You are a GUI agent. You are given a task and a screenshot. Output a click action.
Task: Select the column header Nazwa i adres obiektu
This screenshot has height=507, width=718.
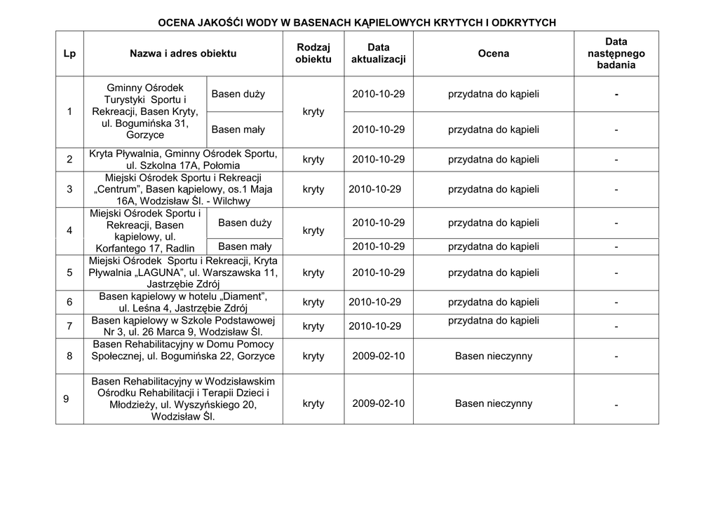(183, 53)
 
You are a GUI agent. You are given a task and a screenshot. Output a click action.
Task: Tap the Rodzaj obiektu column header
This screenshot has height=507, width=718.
(313, 53)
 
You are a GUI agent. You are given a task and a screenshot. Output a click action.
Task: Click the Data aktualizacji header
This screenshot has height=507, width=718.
(378, 53)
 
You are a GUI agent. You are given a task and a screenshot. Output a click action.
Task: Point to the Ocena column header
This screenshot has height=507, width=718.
(494, 53)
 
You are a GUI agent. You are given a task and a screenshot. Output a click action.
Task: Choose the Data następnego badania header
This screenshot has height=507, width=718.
(616, 53)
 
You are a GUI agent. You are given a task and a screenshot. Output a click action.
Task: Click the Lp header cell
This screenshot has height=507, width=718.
(69, 53)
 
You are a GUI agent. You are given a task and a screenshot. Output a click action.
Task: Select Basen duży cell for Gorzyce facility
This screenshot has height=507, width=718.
(238, 94)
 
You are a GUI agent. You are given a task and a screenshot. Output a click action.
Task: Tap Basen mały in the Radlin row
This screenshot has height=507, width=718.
(245, 246)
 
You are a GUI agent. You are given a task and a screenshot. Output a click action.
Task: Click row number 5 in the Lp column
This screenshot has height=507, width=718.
(69, 272)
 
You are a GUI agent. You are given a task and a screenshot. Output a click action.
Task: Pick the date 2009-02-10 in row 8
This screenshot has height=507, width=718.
(379, 356)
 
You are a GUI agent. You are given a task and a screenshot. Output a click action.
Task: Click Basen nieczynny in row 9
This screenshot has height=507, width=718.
(494, 403)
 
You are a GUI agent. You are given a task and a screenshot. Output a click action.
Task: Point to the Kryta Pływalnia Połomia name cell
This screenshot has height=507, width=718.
(183, 160)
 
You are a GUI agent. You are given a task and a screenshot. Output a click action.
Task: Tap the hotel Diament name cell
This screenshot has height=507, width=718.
(183, 302)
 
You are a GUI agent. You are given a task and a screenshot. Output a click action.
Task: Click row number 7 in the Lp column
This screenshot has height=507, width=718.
(69, 326)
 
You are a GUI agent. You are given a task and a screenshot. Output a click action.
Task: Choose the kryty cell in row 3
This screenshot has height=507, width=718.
(313, 189)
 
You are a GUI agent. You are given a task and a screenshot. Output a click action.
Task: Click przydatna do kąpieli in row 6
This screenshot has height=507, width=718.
(494, 302)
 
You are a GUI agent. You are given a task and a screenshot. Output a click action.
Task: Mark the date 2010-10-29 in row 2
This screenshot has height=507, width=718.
(379, 160)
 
